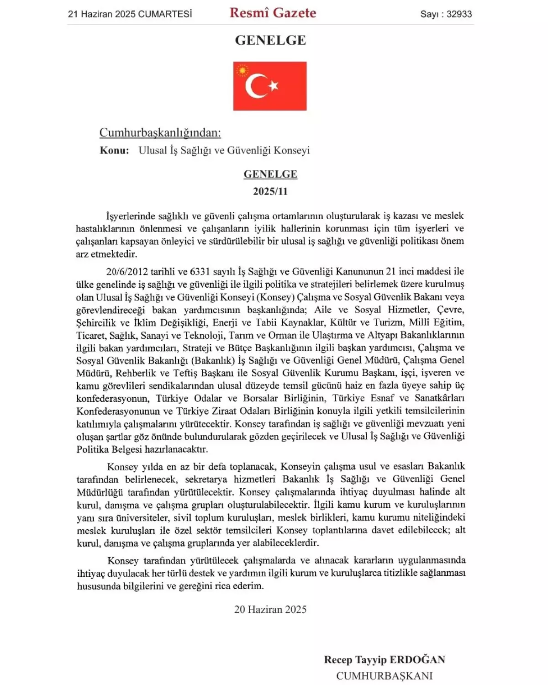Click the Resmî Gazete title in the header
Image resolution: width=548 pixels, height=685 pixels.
pyautogui.click(x=273, y=13)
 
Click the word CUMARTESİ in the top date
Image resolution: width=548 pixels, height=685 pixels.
pyautogui.click(x=165, y=14)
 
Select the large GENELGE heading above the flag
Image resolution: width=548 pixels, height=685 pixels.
pyautogui.click(x=270, y=40)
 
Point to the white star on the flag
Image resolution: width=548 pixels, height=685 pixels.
pyautogui.click(x=274, y=85)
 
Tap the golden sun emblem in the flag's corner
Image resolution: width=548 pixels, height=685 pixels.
pyautogui.click(x=242, y=70)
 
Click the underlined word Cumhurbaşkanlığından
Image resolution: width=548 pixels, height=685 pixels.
pyautogui.click(x=160, y=133)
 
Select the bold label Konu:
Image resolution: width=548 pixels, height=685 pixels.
pyautogui.click(x=114, y=151)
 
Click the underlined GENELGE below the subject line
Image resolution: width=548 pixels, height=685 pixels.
pyautogui.click(x=270, y=174)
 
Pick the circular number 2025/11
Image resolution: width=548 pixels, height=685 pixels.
pyautogui.click(x=270, y=191)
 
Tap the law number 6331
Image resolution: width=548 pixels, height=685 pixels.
pyautogui.click(x=200, y=272)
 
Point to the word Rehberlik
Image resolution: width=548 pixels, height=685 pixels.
pyautogui.click(x=136, y=373)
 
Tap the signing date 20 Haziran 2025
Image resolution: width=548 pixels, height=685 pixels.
pyautogui.click(x=270, y=610)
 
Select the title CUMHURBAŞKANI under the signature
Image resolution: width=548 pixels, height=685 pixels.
pyautogui.click(x=385, y=676)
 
